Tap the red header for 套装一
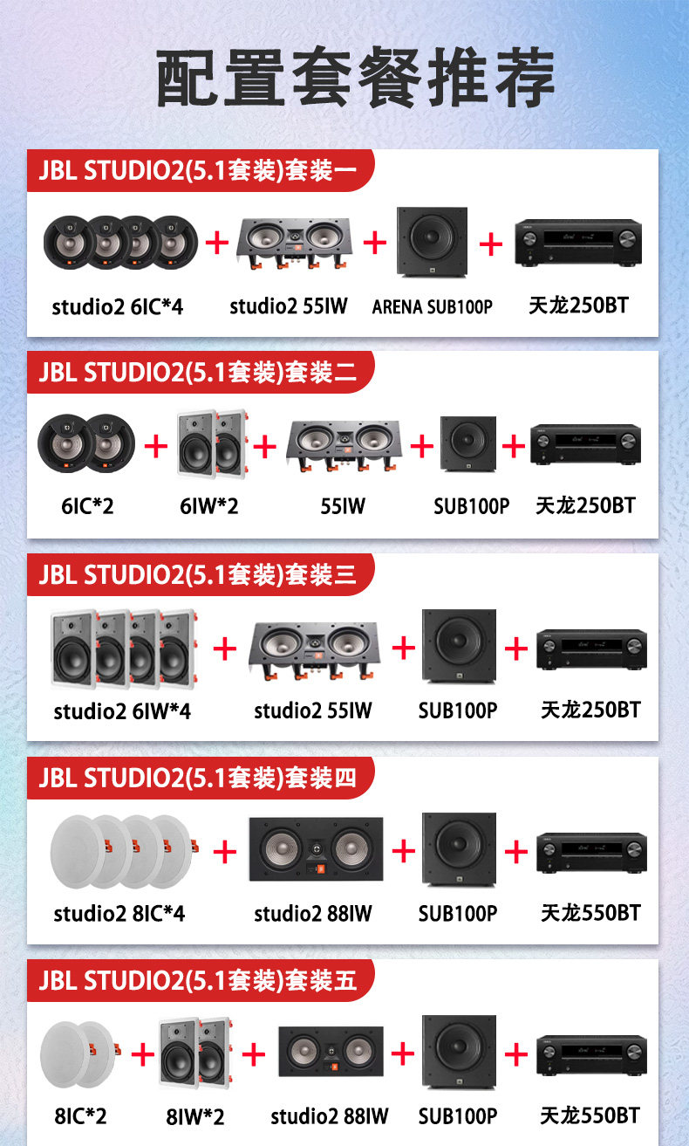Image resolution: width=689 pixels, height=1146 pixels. tap(199, 170)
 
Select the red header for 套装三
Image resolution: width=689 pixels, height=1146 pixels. tap(199, 574)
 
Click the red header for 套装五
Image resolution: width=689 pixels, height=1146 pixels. tap(199, 979)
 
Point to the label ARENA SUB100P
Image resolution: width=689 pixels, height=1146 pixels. tap(433, 306)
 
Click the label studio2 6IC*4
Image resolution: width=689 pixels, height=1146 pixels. tap(118, 306)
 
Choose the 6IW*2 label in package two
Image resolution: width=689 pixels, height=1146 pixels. tap(208, 506)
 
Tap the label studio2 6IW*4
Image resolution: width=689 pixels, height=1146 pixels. tap(122, 711)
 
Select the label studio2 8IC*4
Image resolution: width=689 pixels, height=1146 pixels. tap(119, 914)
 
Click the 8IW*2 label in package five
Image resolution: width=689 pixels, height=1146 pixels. tap(195, 1116)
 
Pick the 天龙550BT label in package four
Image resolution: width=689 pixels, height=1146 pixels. tap(590, 913)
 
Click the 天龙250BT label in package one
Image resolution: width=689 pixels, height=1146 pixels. tap(578, 305)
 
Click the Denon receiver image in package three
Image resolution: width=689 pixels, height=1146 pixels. tap(591, 649)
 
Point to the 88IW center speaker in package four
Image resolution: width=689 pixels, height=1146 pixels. tap(316, 849)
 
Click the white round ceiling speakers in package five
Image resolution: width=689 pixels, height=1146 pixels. tap(78, 1053)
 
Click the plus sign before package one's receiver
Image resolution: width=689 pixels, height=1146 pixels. tap(491, 244)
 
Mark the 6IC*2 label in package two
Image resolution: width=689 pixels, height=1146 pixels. tap(87, 506)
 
